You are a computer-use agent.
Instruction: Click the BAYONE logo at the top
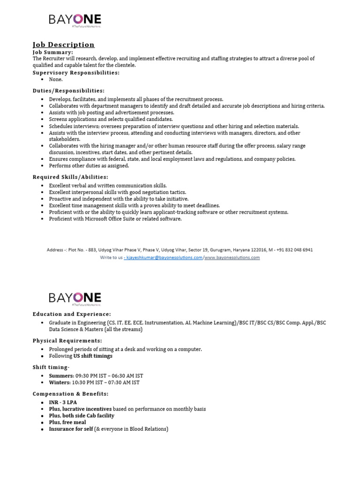tap(75, 21)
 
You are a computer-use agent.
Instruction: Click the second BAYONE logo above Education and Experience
tap(75, 299)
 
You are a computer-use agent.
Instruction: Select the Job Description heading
tap(63, 45)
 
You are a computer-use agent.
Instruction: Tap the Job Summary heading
tap(53, 52)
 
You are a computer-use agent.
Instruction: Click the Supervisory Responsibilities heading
tap(76, 73)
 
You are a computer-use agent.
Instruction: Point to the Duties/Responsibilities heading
tap(68, 90)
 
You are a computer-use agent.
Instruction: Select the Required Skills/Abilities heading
tap(70, 177)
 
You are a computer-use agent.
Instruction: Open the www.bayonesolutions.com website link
tap(232, 257)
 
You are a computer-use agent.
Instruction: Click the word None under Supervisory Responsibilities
tap(55, 80)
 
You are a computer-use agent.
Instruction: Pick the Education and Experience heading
tap(72, 314)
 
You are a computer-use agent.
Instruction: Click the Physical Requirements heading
tap(67, 341)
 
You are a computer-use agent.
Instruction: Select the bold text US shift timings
tap(93, 356)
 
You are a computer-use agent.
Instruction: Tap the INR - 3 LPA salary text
tap(63, 402)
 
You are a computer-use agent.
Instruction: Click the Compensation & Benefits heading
tap(70, 394)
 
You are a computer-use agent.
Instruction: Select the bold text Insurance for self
tap(71, 429)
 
